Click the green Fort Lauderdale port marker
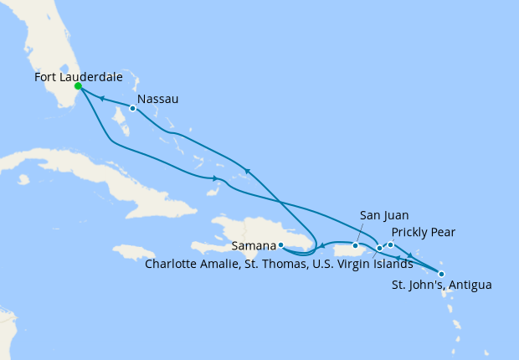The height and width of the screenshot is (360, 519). (78, 86)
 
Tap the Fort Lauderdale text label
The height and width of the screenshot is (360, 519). (79, 77)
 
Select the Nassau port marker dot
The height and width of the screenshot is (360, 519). (132, 108)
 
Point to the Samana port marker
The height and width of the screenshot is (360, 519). (281, 244)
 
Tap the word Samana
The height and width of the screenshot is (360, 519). (254, 245)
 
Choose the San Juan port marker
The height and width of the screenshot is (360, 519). (356, 245)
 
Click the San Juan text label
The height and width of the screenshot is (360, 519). (384, 215)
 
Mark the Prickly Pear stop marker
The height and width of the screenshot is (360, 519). (390, 244)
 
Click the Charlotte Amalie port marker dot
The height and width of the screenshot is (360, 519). (379, 248)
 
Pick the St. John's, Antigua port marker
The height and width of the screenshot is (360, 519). (441, 274)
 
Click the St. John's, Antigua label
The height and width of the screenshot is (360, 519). (441, 285)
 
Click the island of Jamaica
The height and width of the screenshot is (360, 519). (133, 252)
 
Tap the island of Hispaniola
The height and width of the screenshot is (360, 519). (251, 230)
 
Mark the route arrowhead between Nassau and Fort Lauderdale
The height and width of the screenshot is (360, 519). (102, 99)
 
